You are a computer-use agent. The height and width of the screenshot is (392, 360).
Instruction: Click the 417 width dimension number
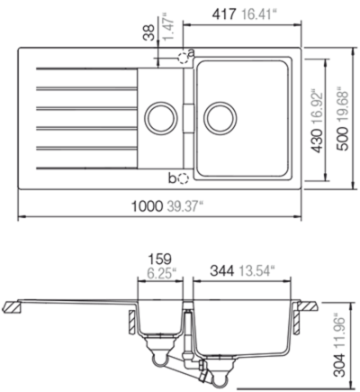(224, 14)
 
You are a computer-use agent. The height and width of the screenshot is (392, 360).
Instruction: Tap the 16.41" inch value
(259, 14)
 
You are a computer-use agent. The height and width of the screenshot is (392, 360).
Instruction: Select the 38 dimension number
(149, 32)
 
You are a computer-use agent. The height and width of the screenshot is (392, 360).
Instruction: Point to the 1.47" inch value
(168, 26)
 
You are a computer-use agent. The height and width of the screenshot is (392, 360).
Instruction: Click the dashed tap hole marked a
(183, 58)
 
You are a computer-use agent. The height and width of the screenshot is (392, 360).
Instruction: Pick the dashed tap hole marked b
(183, 179)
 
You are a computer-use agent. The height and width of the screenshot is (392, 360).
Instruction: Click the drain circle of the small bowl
(161, 117)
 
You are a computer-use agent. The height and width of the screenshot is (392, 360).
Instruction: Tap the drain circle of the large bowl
(220, 117)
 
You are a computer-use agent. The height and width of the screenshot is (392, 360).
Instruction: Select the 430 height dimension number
(317, 141)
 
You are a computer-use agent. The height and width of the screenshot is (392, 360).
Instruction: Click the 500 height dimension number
(342, 139)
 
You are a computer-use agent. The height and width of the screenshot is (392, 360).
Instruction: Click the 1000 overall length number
(147, 206)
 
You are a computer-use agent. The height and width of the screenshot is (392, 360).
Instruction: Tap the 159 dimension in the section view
(160, 259)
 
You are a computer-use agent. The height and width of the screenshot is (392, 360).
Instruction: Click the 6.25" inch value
(161, 273)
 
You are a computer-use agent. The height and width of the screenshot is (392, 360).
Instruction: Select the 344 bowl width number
(222, 271)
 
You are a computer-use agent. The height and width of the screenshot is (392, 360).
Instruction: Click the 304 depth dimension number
(339, 365)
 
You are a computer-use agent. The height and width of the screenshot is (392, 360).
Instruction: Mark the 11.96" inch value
(339, 332)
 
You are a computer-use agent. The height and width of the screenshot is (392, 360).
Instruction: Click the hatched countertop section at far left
(12, 307)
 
